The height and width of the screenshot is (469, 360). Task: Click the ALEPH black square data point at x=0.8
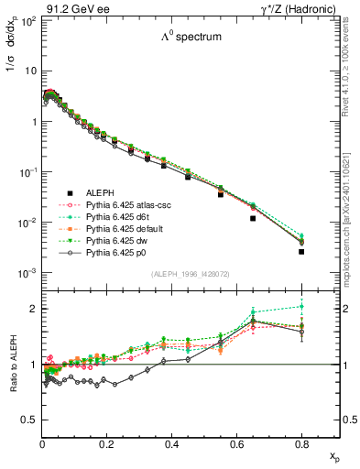click(x=301, y=251)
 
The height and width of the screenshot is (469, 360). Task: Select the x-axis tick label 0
click(x=42, y=446)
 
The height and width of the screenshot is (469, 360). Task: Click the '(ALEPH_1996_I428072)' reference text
click(x=191, y=274)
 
